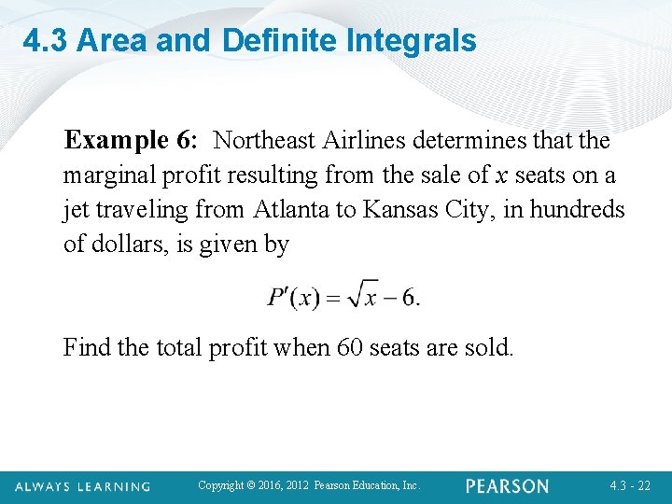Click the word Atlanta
(292, 210)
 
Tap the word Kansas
(403, 210)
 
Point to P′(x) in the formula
(294, 298)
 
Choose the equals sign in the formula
(333, 299)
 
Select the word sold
(491, 348)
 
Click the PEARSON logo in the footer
(508, 486)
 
